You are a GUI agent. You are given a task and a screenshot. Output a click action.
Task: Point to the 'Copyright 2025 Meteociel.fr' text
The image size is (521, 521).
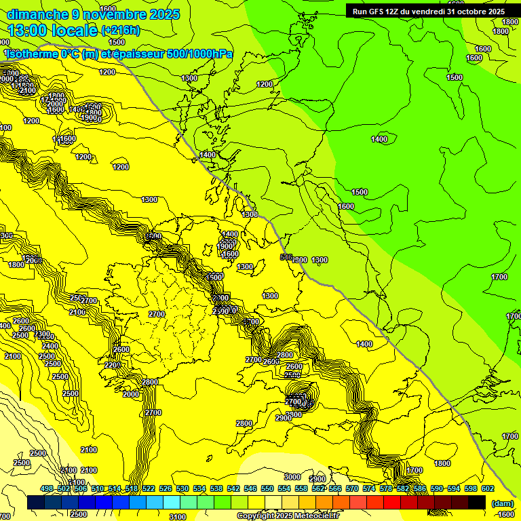pyautogui.click(x=287, y=516)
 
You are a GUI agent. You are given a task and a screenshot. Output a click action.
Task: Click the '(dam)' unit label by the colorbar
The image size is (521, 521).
pyautogui.click(x=501, y=503)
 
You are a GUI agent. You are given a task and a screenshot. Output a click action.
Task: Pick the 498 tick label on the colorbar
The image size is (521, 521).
pyautogui.click(x=47, y=488)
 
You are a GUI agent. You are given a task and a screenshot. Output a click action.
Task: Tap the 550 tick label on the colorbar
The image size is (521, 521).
pyautogui.click(x=267, y=488)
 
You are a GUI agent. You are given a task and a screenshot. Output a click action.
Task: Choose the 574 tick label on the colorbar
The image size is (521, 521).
pyautogui.click(x=369, y=488)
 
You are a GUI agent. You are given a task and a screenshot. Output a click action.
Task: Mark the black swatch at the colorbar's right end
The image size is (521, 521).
pyautogui.click(x=477, y=503)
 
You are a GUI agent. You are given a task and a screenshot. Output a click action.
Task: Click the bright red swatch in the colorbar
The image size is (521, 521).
pyautogui.click(x=392, y=503)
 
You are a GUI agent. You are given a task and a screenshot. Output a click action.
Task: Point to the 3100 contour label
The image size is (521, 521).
pyautogui.click(x=178, y=517)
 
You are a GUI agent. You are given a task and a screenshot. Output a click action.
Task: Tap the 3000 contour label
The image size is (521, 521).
pyautogui.click(x=292, y=477)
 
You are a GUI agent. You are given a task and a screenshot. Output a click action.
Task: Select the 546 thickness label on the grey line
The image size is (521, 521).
pyautogui.click(x=286, y=257)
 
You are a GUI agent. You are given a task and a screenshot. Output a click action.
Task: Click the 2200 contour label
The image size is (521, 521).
pyautogui.click(x=112, y=366)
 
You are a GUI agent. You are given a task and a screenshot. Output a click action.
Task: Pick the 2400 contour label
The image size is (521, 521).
pyautogui.click(x=50, y=346)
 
